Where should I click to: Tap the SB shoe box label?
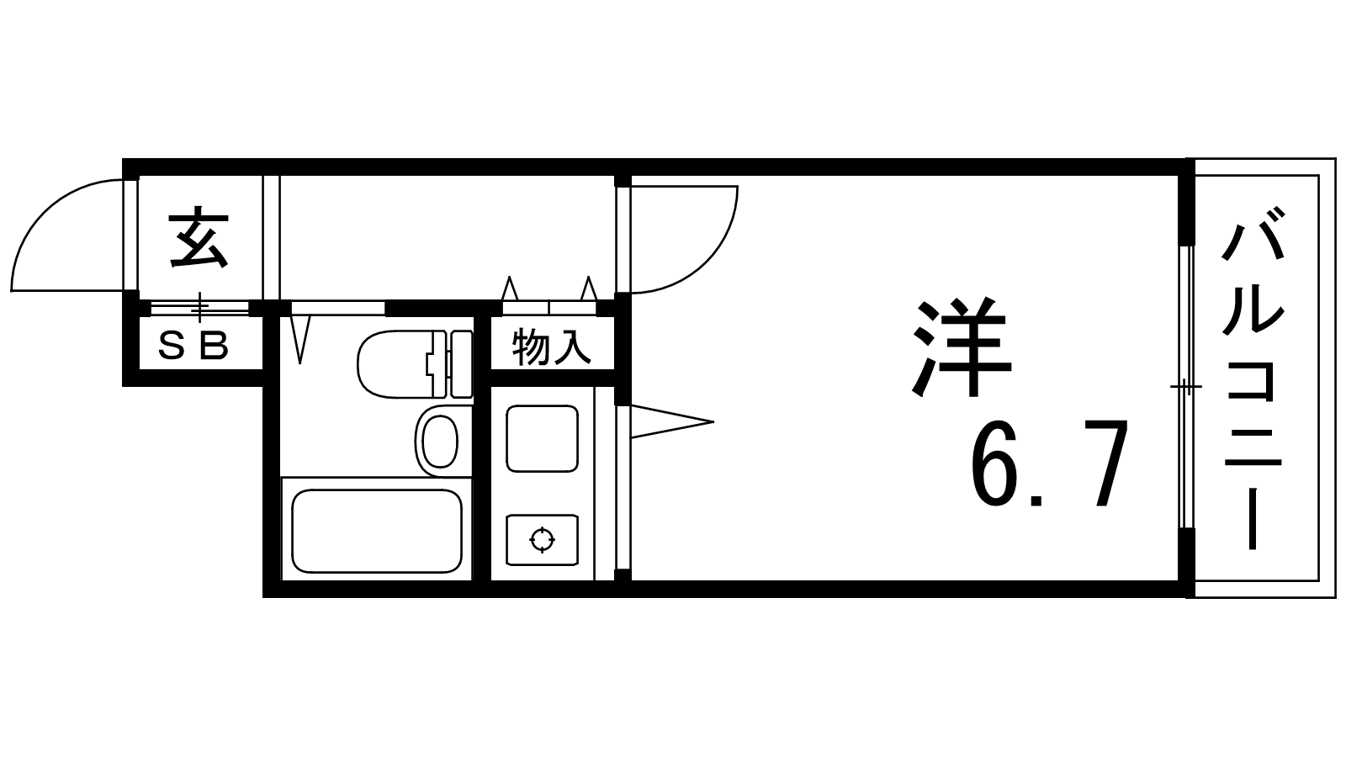[x=194, y=345]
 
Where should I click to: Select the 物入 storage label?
[x=552, y=347]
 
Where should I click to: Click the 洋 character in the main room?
[x=962, y=347]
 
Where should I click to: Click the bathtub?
[x=376, y=531]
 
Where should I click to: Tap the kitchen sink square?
[x=542, y=438]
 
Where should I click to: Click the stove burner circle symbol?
[x=543, y=539]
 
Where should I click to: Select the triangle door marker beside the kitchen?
[x=669, y=421]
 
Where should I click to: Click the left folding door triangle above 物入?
[x=509, y=289]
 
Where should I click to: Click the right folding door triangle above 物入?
[x=589, y=289]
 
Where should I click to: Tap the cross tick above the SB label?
[x=199, y=307]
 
